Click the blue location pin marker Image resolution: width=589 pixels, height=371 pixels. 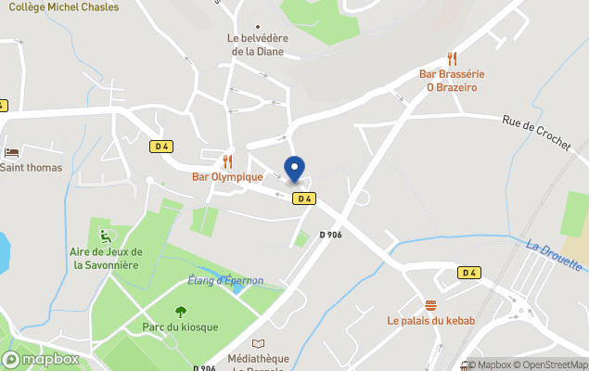[295, 169]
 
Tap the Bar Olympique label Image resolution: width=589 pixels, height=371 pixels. [227, 176]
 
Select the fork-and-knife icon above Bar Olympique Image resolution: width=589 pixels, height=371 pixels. [227, 161]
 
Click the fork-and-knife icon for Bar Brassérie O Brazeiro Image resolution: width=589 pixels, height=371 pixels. [452, 58]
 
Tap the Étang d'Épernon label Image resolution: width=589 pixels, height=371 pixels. [225, 280]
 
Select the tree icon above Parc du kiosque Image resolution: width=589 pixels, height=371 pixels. [180, 313]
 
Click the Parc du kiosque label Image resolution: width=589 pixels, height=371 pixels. [180, 327]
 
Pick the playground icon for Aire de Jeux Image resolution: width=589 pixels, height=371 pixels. [105, 234]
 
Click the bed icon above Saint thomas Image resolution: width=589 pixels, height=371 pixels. [11, 152]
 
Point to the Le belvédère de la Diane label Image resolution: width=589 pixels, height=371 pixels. [259, 45]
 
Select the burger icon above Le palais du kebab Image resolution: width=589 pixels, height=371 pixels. [430, 305]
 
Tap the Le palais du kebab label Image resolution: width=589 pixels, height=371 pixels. [431, 321]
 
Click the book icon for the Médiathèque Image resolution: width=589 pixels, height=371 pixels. [258, 344]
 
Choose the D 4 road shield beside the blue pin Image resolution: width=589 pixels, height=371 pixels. [303, 198]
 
